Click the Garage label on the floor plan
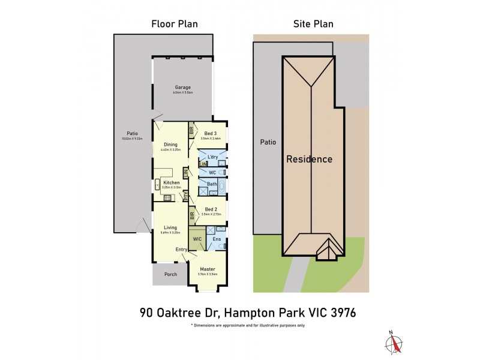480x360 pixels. click(182, 88)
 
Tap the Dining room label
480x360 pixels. click(171, 145)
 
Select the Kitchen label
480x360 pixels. click(172, 182)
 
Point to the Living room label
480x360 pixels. click(171, 227)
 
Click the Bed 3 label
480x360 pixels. click(211, 133)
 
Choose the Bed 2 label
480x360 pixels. click(211, 209)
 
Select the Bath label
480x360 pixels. click(212, 184)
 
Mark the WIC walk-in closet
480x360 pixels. click(197, 238)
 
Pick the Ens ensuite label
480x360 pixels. click(216, 238)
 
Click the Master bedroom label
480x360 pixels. click(208, 269)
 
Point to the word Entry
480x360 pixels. click(182, 250)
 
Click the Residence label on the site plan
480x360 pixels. click(308, 160)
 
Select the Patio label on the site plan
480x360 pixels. click(267, 143)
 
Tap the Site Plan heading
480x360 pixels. click(313, 24)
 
